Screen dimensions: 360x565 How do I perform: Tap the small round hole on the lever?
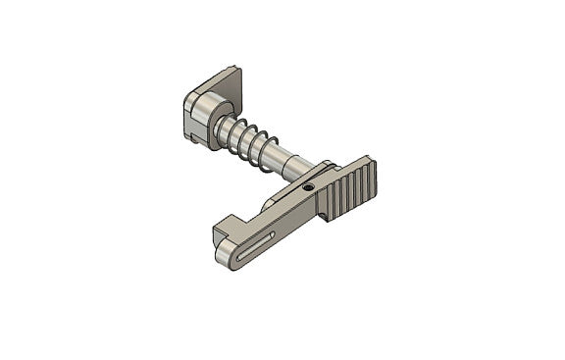click(x=307, y=186)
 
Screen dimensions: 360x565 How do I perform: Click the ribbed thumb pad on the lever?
click(x=350, y=189)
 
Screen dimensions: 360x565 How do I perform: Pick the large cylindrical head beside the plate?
click(x=201, y=116)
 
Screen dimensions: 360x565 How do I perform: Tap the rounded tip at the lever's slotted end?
click(x=225, y=253)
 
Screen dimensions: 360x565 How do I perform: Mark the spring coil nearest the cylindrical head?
click(x=223, y=131)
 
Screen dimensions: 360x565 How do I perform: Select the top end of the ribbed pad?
click(x=368, y=161)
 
